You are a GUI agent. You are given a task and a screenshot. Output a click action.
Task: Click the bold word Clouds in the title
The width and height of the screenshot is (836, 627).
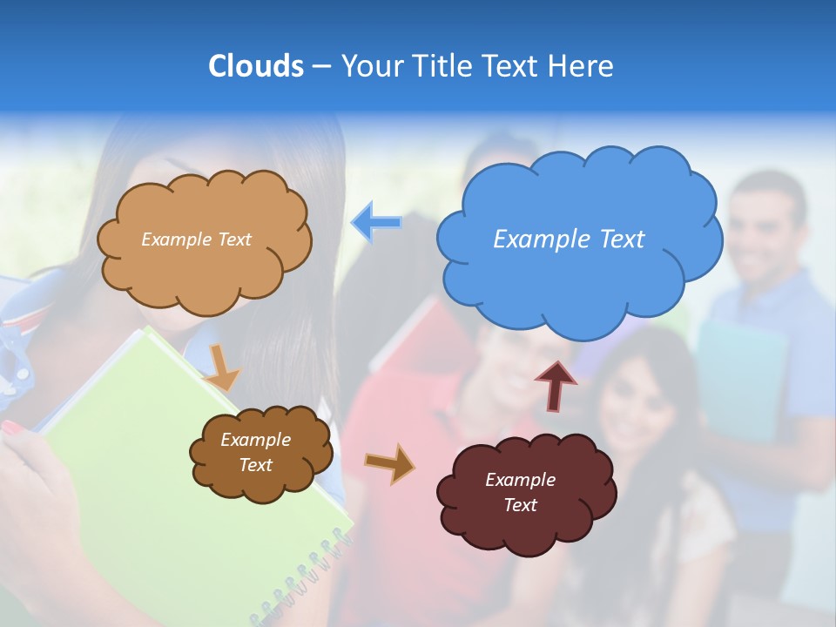pos(256,66)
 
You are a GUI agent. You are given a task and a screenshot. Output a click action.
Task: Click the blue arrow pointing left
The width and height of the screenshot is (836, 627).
pos(377,222)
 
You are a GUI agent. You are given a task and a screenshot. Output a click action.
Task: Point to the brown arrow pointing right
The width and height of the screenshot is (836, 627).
pos(390,464)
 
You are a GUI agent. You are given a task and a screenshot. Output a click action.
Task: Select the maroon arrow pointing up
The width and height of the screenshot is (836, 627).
pos(556,384)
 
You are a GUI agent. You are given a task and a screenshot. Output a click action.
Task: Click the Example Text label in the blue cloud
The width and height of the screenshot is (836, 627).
pos(569,239)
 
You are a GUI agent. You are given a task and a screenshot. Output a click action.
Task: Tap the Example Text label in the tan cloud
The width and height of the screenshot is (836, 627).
pos(196,239)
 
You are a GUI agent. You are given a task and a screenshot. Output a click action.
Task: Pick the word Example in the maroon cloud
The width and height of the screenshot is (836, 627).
pos(520,480)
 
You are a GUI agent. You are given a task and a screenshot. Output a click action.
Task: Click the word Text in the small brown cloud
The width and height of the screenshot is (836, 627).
pos(255,465)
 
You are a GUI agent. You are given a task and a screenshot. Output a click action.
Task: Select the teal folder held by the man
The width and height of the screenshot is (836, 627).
pos(740,374)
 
